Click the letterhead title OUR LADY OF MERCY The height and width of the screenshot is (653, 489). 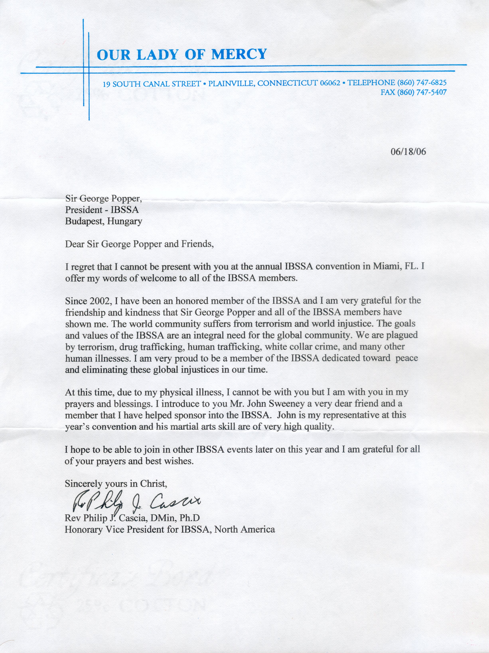182,54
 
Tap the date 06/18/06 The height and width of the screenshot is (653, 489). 408,152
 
